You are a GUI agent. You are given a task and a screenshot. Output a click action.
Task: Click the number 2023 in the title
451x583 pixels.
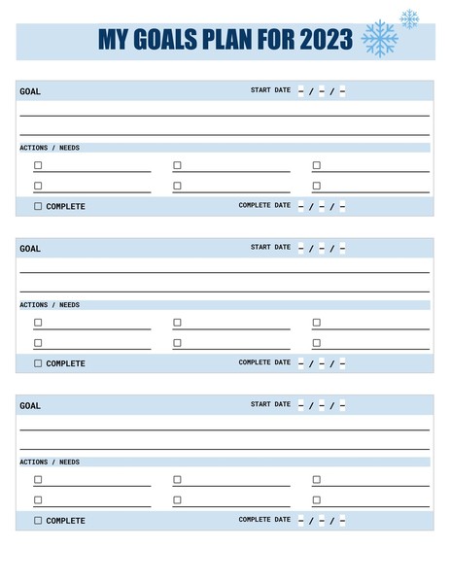(327, 41)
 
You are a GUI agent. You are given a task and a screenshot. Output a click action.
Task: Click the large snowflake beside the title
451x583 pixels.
(379, 39)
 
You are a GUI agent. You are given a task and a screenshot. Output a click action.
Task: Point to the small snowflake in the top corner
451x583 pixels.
(409, 18)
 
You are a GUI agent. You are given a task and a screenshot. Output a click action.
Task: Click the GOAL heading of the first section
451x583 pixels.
(30, 91)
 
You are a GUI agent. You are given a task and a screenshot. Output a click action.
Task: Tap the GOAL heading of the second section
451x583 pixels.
(30, 249)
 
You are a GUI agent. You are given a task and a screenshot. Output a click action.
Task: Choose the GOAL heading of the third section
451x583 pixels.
(30, 406)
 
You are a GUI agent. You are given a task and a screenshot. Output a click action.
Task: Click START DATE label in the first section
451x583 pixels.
(270, 90)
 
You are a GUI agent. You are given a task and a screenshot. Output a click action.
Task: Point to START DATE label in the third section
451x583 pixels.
(270, 404)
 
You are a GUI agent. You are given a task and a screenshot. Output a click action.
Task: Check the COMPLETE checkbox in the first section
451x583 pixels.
(38, 206)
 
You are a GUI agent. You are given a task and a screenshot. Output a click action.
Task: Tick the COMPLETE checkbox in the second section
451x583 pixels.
(38, 363)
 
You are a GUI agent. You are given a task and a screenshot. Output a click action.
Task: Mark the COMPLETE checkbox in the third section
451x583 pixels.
(38, 520)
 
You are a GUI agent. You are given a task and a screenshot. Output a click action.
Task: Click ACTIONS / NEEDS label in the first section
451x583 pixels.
(50, 148)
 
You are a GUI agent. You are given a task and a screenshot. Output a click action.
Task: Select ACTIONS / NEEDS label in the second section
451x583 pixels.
(50, 305)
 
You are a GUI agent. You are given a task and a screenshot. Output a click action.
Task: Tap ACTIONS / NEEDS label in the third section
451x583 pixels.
(50, 463)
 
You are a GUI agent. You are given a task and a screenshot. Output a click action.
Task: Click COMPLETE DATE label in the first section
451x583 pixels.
(264, 205)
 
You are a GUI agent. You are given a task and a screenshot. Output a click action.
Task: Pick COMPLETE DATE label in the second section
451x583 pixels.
(264, 362)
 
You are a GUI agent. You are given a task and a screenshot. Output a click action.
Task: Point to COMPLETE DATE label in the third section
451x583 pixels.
(264, 520)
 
